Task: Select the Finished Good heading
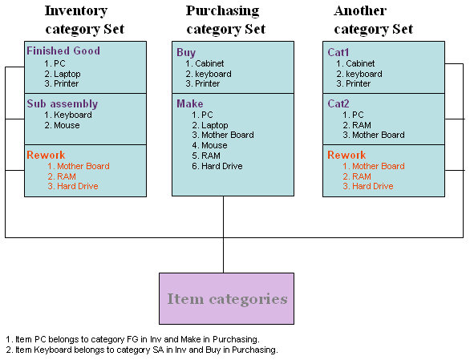tap(63, 51)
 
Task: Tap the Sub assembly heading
tap(62, 103)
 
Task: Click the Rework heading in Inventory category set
tap(46, 155)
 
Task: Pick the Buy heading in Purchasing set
tap(186, 52)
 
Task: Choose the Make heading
tap(190, 103)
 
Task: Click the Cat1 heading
tap(338, 52)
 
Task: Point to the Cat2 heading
tap(338, 103)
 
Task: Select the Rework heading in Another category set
tap(346, 155)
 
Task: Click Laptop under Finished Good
tap(67, 74)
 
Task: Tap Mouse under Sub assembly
tap(67, 125)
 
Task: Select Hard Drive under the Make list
tap(221, 166)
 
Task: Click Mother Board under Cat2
tap(378, 135)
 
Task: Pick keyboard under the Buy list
tap(213, 74)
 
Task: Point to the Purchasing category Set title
tap(223, 20)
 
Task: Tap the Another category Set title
tap(374, 20)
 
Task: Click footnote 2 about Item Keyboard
tap(141, 350)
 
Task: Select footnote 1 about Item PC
tap(132, 339)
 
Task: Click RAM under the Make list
tap(211, 156)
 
